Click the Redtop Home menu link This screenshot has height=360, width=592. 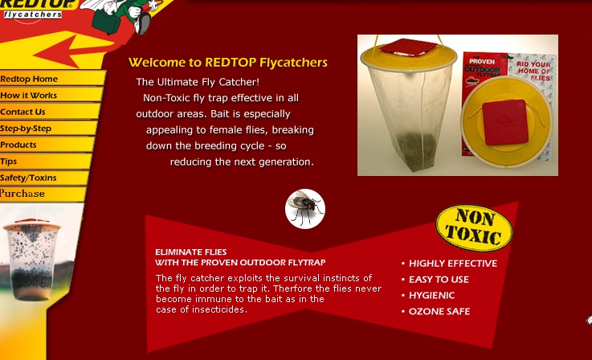click(29, 79)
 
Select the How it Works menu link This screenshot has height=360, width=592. click(28, 95)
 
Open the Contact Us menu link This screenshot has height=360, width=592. click(22, 112)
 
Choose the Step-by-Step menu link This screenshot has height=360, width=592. click(26, 129)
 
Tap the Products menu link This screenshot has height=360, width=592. click(18, 145)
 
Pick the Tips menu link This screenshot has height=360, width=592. click(8, 162)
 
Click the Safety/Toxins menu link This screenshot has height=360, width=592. click(28, 178)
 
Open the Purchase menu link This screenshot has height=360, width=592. click(22, 194)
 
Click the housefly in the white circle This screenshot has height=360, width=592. click(305, 208)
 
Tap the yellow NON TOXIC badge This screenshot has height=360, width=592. click(474, 227)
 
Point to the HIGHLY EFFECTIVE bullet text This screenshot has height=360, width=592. click(453, 264)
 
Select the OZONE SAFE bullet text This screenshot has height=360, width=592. click(439, 311)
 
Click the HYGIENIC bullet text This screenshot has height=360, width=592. click(432, 295)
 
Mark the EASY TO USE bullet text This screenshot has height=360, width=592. click(439, 279)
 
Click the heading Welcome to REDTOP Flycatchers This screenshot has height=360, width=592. click(228, 63)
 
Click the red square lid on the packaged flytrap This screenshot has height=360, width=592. click(505, 122)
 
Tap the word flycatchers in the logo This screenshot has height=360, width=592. click(33, 14)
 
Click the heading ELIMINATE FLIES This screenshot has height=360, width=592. click(191, 252)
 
